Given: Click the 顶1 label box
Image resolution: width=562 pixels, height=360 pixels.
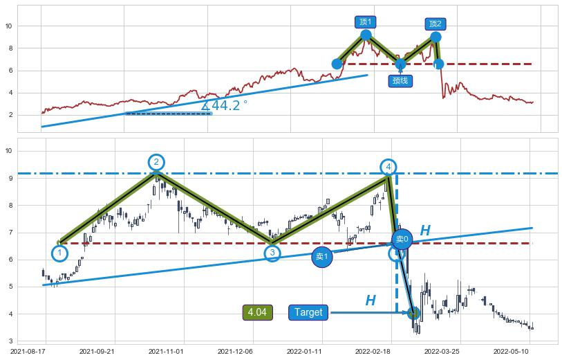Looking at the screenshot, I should tap(365, 22).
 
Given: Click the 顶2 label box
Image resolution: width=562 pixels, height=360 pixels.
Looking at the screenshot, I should tap(435, 24).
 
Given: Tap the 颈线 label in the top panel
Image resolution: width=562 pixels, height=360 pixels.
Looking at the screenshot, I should tap(400, 80).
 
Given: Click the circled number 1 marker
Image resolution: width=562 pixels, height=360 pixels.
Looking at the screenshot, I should tap(60, 253).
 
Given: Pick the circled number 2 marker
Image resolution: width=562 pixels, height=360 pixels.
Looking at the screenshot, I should tap(156, 162).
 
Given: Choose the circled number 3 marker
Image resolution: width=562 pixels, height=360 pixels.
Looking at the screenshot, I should tap(272, 253).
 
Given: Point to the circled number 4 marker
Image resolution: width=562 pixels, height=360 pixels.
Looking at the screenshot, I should tap(389, 167).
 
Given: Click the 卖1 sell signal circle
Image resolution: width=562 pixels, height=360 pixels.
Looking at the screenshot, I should tap(322, 256).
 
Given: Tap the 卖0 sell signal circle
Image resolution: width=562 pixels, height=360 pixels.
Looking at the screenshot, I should tap(402, 239).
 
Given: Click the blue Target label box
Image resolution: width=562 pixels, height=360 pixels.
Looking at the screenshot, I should tap(308, 312).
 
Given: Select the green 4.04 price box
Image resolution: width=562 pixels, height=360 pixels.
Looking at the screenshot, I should tap(257, 312).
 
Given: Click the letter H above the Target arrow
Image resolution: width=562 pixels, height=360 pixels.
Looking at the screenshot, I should tap(371, 300).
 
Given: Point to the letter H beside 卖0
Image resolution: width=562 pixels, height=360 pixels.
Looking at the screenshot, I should tap(425, 231).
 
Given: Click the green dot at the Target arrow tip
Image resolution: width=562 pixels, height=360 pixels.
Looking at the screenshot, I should tap(413, 313).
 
